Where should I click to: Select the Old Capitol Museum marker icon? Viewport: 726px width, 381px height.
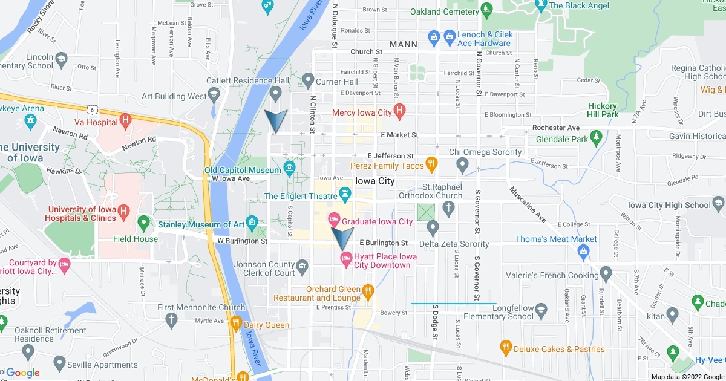[289, 167]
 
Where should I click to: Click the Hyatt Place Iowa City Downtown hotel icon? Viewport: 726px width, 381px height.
[346, 259]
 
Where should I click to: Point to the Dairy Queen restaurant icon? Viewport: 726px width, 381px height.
[236, 322]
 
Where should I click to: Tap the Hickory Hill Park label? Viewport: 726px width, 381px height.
[603, 110]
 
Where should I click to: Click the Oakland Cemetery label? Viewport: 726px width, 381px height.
[444, 11]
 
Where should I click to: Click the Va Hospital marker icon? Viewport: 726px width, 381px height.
[126, 119]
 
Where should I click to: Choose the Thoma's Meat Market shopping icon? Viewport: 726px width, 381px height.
[584, 253]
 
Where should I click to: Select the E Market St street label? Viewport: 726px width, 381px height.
[399, 135]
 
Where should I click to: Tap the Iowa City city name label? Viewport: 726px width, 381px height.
[374, 181]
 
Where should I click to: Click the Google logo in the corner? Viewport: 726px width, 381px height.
[23, 373]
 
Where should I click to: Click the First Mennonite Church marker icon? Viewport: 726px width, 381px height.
[171, 319]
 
